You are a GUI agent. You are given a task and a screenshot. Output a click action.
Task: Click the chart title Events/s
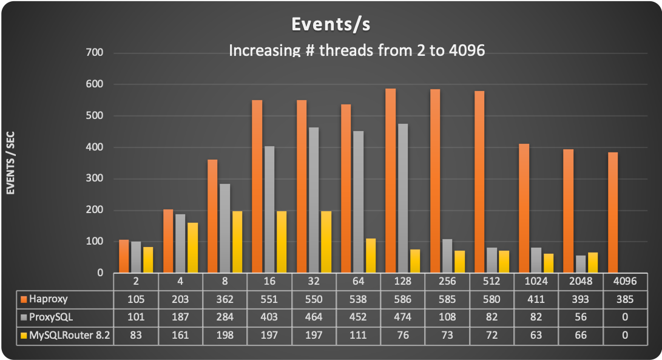point(331,24)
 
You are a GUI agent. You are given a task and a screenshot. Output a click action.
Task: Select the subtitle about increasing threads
point(356,50)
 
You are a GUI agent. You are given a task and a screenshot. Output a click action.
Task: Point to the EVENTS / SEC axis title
point(10,163)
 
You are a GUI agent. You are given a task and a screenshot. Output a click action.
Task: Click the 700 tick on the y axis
point(95,53)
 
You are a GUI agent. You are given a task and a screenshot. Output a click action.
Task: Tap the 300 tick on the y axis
point(95,179)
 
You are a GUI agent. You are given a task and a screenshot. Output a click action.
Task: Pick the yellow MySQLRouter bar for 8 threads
point(237,242)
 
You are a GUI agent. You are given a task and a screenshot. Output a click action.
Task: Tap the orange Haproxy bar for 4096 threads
point(612,212)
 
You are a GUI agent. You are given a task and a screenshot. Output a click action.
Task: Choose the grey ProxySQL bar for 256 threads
point(447,256)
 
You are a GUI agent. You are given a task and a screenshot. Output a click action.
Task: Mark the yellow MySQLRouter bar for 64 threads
point(370,256)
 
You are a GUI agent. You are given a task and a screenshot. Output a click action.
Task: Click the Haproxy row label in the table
point(49,299)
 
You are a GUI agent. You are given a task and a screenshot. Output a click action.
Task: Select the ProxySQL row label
point(52,316)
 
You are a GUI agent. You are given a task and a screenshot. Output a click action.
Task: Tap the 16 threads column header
point(269,282)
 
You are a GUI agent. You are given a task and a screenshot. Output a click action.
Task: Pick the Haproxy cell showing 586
point(402,299)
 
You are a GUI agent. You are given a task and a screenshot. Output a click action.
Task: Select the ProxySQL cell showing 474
point(402,316)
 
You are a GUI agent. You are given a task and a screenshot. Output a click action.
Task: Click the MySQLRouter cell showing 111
point(358,334)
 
